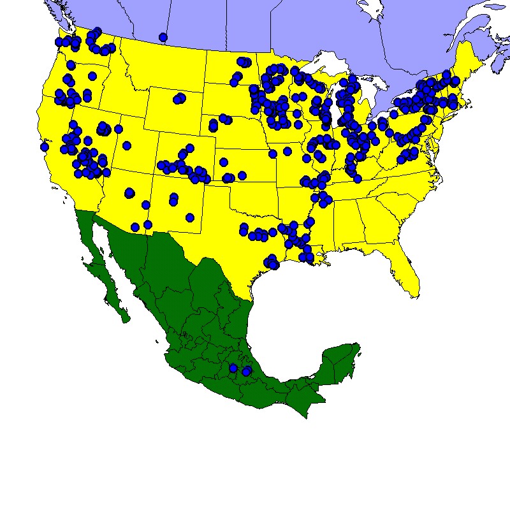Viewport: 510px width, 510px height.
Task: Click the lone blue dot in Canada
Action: [x=163, y=37]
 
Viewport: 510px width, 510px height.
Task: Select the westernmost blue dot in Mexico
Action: [x=233, y=368]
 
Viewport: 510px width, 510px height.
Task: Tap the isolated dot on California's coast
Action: [x=44, y=147]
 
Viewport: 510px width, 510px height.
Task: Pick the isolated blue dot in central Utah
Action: [x=126, y=145]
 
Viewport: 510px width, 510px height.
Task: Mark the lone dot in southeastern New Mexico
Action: [x=189, y=217]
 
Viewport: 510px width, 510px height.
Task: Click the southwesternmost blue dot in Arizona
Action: [x=135, y=227]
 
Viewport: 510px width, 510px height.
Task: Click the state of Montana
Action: [x=166, y=67]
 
